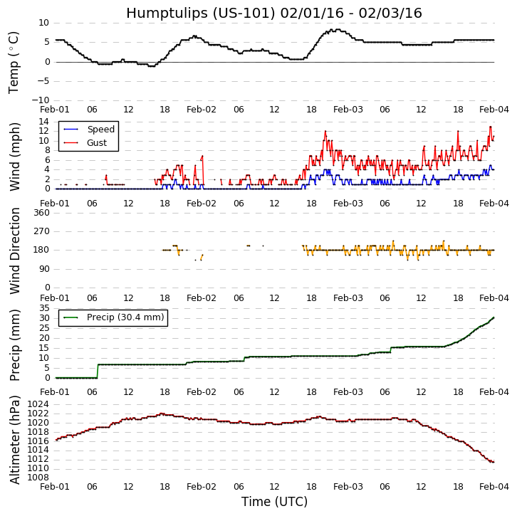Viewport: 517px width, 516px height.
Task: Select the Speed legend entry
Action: [100, 130]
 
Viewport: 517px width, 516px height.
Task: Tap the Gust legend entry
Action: [97, 143]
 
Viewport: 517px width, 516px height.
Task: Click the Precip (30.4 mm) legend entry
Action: [125, 317]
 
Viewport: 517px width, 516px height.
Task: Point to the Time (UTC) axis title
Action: [274, 502]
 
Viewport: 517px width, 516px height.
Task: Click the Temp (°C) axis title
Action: [14, 62]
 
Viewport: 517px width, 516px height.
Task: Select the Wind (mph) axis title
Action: [15, 156]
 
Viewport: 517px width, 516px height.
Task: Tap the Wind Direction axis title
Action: [15, 251]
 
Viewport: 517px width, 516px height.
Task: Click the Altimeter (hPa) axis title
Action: [15, 439]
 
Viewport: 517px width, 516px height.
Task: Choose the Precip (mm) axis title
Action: [15, 344]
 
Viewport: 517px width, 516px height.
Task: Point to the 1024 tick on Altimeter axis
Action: [36, 404]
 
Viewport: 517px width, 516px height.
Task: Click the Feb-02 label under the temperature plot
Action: [202, 110]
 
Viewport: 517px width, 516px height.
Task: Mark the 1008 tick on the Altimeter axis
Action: [36, 477]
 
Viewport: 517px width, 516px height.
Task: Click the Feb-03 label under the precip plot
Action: [348, 392]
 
